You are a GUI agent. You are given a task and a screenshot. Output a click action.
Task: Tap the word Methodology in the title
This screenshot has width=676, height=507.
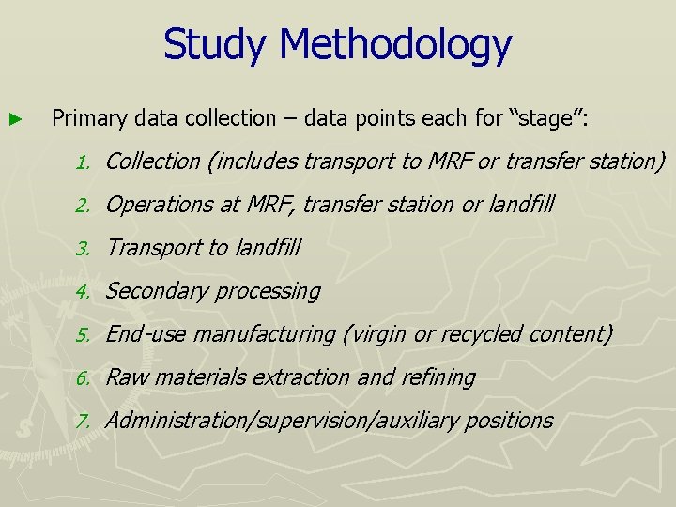(x=395, y=45)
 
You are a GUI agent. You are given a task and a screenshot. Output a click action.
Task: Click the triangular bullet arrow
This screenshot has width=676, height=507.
(x=13, y=119)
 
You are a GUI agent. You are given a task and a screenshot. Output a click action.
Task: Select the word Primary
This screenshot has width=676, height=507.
(x=89, y=118)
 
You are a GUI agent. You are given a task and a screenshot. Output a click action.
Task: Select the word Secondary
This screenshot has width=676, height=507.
(x=151, y=291)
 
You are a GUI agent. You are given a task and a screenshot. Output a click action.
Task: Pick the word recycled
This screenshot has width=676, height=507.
(x=485, y=334)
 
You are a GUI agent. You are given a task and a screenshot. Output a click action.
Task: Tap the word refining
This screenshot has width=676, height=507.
(x=438, y=377)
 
